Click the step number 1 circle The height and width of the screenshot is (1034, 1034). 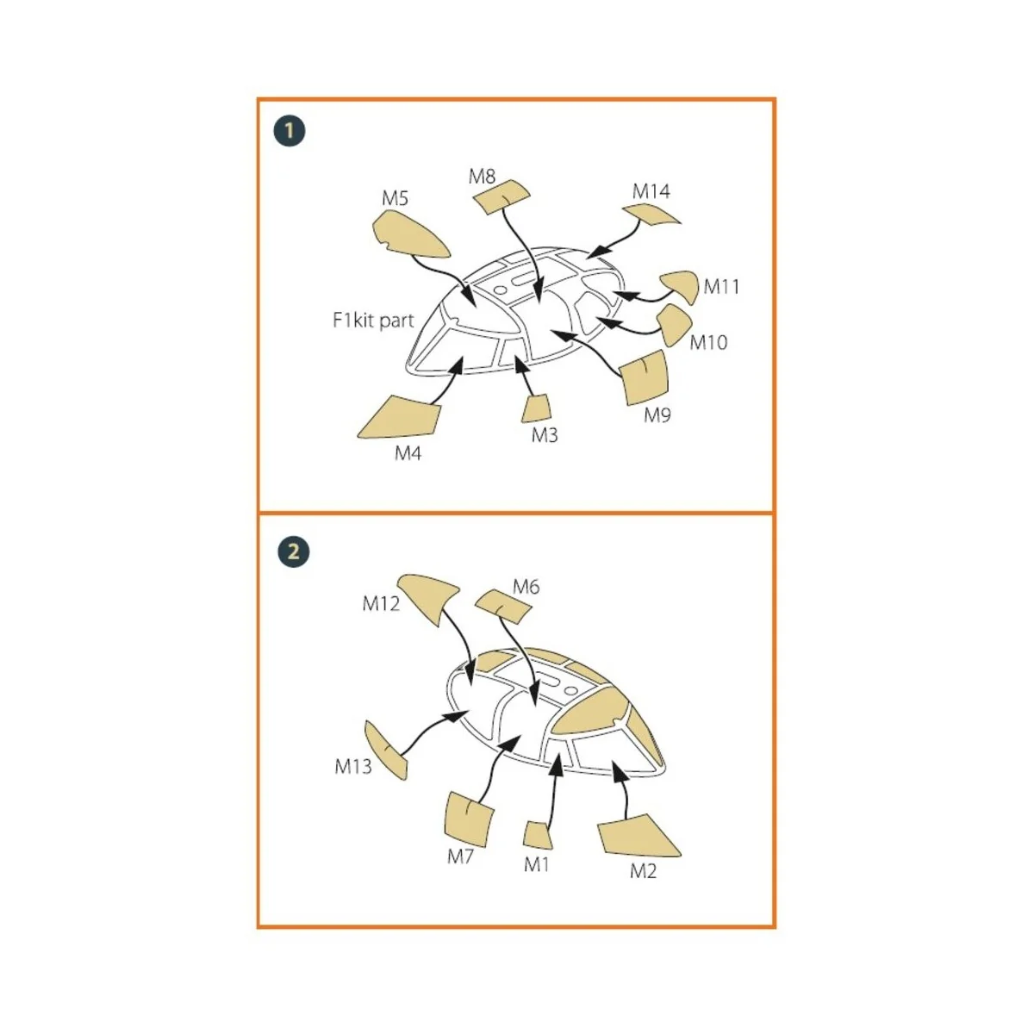click(x=290, y=131)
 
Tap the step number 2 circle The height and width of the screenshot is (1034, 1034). click(x=294, y=551)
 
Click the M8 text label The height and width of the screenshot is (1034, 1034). click(x=482, y=177)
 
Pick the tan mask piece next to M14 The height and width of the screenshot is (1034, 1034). click(x=651, y=215)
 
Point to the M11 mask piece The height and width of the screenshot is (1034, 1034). click(x=681, y=286)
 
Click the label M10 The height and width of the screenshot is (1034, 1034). click(x=708, y=342)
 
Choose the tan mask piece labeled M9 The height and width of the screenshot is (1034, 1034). click(x=644, y=377)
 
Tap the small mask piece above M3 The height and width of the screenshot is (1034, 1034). click(x=536, y=409)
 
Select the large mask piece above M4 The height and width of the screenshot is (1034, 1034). click(x=402, y=418)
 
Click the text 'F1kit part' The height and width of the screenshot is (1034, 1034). click(x=373, y=321)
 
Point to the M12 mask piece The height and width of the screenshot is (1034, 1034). click(x=427, y=596)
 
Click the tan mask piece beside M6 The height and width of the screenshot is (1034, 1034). click(x=502, y=607)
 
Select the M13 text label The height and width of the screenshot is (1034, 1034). click(x=353, y=766)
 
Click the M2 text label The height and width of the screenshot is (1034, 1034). click(x=643, y=871)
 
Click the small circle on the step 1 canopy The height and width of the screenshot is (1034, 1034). click(x=500, y=290)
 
